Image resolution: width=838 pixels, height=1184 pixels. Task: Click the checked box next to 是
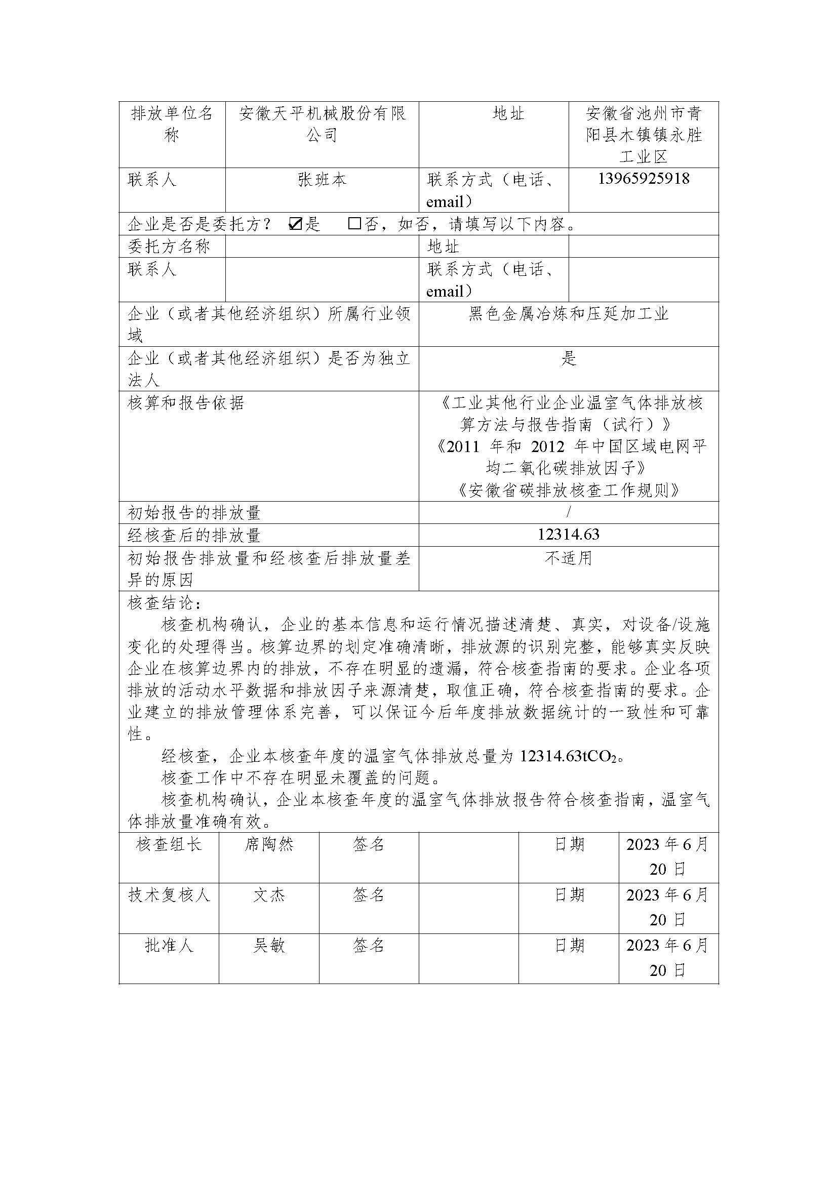(295, 223)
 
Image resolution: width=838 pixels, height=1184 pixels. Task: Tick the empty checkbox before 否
(354, 223)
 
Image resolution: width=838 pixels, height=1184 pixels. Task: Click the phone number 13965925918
(644, 179)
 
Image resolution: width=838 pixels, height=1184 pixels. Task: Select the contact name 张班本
(322, 180)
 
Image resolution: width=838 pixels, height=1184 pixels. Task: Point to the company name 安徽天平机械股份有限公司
(322, 124)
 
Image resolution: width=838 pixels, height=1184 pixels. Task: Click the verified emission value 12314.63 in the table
(568, 535)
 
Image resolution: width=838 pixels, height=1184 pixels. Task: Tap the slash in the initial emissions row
(569, 512)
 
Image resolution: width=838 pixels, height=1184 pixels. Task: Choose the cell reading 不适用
(568, 558)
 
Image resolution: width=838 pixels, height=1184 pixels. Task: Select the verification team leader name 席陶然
(268, 844)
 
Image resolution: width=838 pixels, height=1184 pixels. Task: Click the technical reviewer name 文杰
(268, 895)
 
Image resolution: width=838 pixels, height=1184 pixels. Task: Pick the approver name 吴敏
(268, 946)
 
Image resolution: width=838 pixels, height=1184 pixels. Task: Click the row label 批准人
(169, 946)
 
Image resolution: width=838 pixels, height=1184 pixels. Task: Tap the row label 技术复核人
(169, 895)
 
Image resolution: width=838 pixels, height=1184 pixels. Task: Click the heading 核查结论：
(165, 602)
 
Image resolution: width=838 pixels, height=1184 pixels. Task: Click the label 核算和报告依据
(186, 403)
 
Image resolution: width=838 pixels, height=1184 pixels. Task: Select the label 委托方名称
(169, 246)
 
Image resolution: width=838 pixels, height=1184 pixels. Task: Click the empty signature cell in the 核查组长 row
(468, 856)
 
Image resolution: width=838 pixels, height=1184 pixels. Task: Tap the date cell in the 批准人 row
(668, 958)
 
